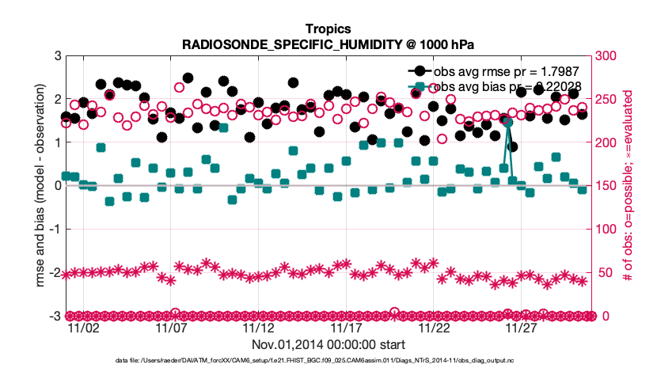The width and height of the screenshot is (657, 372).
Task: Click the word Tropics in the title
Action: (x=328, y=28)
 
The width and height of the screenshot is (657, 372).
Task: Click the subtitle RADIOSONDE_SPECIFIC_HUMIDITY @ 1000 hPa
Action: (x=328, y=44)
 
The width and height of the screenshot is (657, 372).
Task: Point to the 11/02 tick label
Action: (x=84, y=328)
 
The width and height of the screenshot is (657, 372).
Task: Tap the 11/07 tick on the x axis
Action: (x=171, y=328)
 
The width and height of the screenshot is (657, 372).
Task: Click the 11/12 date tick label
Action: (x=259, y=328)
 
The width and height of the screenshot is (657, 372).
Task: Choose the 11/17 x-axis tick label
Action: (x=347, y=328)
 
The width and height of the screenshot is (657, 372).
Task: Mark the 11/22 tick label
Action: (x=435, y=328)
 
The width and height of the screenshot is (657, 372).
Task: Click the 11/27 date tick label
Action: (x=522, y=328)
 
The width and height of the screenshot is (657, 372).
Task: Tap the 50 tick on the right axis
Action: (x=607, y=272)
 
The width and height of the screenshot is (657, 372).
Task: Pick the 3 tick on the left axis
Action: (x=57, y=55)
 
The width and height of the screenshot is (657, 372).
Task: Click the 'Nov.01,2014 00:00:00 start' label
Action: (x=328, y=345)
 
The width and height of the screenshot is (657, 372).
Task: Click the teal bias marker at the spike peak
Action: (x=509, y=123)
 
